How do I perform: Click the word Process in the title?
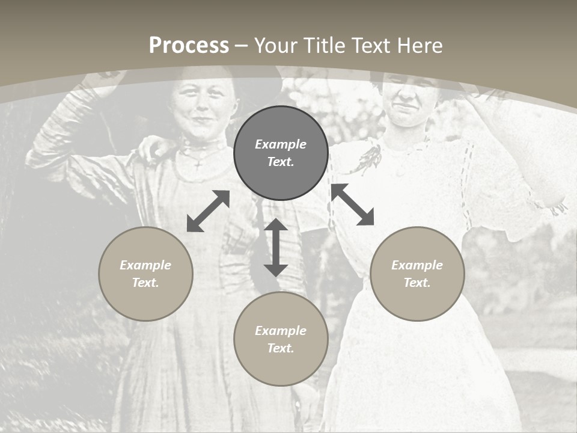tap(189, 46)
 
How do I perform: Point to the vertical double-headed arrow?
tap(276, 247)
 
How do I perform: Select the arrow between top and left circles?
tap(208, 211)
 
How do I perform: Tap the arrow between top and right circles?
tap(352, 204)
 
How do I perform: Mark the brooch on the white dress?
tap(369, 158)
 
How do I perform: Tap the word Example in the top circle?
tap(281, 144)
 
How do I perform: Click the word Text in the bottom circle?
tap(279, 348)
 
